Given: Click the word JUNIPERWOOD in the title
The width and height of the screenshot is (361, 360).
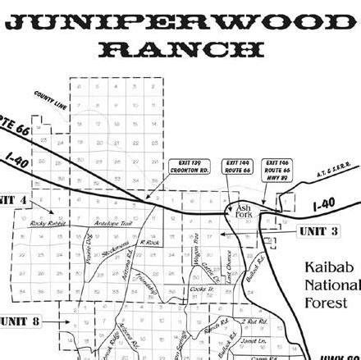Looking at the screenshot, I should coord(180,21).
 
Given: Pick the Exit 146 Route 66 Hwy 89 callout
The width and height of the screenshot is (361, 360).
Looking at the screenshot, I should coord(276,169).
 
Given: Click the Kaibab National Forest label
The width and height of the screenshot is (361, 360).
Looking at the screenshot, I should coord(331,286).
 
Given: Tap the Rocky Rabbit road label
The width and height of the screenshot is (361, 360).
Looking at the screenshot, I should coord(45,223).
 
